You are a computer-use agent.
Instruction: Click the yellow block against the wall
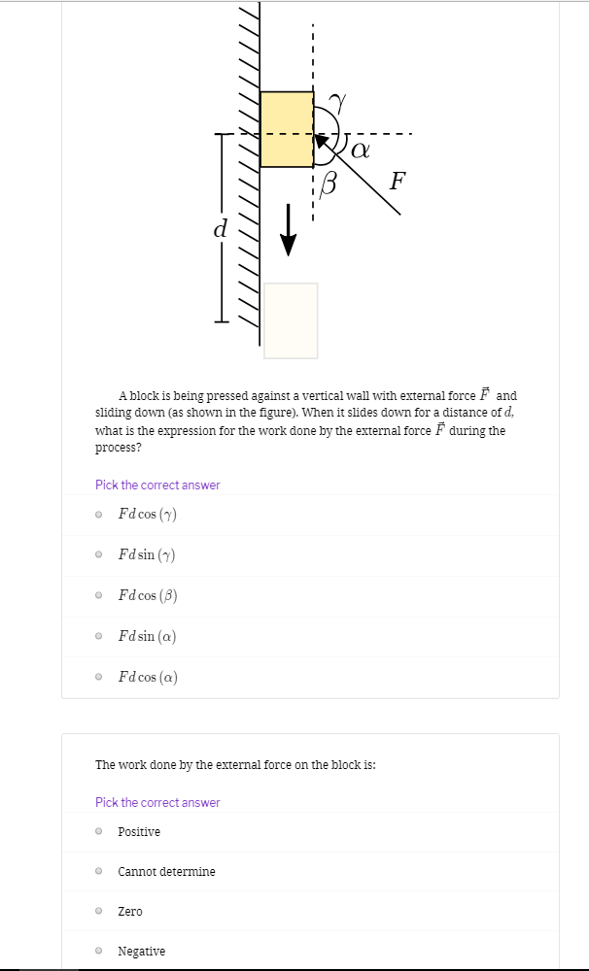pyautogui.click(x=287, y=129)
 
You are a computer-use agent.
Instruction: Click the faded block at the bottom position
pyautogui.click(x=291, y=320)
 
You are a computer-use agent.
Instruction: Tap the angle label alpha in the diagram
pyautogui.click(x=360, y=150)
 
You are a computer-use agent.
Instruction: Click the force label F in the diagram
pyautogui.click(x=397, y=181)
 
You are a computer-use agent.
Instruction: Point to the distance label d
pyautogui.click(x=220, y=229)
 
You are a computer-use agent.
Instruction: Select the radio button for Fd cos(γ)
pyautogui.click(x=99, y=515)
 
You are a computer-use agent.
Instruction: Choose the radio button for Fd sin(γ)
pyautogui.click(x=99, y=555)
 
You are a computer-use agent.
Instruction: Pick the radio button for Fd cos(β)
pyautogui.click(x=99, y=596)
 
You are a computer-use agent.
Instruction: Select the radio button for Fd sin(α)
pyautogui.click(x=99, y=637)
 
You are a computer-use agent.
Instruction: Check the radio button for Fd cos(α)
pyautogui.click(x=99, y=678)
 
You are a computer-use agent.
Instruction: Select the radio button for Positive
pyautogui.click(x=99, y=832)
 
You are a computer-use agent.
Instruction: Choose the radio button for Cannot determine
pyautogui.click(x=99, y=872)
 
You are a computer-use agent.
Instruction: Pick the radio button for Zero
pyautogui.click(x=99, y=912)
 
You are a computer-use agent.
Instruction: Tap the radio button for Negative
pyautogui.click(x=99, y=952)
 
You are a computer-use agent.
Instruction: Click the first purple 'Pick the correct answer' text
pyautogui.click(x=157, y=485)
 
